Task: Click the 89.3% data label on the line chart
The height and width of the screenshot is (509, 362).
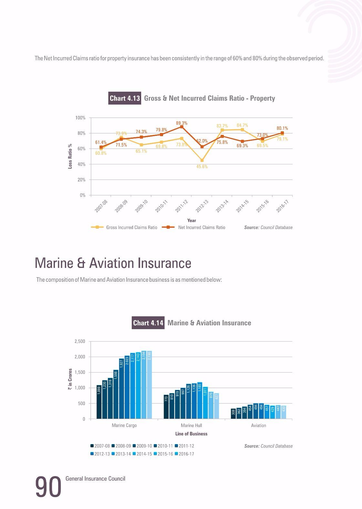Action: [x=181, y=123]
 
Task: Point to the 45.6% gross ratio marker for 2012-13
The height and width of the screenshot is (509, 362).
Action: [x=202, y=160]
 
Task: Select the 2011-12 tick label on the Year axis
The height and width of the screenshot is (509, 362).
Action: [x=181, y=206]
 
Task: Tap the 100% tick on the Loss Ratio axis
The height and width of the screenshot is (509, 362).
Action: [x=80, y=118]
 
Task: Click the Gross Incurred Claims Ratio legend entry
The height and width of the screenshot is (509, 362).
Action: [x=124, y=227]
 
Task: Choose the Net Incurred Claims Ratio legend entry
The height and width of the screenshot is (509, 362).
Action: [x=193, y=227]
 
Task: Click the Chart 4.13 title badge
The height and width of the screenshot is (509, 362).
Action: [x=125, y=98]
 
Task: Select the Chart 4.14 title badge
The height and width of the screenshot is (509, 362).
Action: [x=148, y=323]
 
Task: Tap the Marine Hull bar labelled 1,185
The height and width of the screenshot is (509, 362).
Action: [x=200, y=401]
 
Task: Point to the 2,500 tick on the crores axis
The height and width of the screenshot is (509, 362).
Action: [x=80, y=341]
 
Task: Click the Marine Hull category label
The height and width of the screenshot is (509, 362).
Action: [x=191, y=425]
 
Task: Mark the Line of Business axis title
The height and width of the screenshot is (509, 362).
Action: [x=191, y=434]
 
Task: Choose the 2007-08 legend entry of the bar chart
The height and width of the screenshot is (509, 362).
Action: [x=100, y=446]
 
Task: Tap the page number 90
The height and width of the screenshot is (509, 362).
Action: [x=48, y=487]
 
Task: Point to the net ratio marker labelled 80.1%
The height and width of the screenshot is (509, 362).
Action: [x=282, y=133]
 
